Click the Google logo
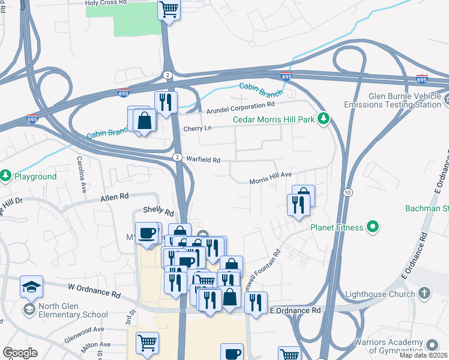click(20, 353)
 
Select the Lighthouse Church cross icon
click(424, 293)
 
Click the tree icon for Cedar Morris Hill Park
click(324, 119)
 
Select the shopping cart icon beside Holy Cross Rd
click(169, 10)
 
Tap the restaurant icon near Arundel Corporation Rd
click(165, 101)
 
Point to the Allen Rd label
click(115, 196)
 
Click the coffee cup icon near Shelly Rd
click(146, 233)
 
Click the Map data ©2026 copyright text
click(423, 355)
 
